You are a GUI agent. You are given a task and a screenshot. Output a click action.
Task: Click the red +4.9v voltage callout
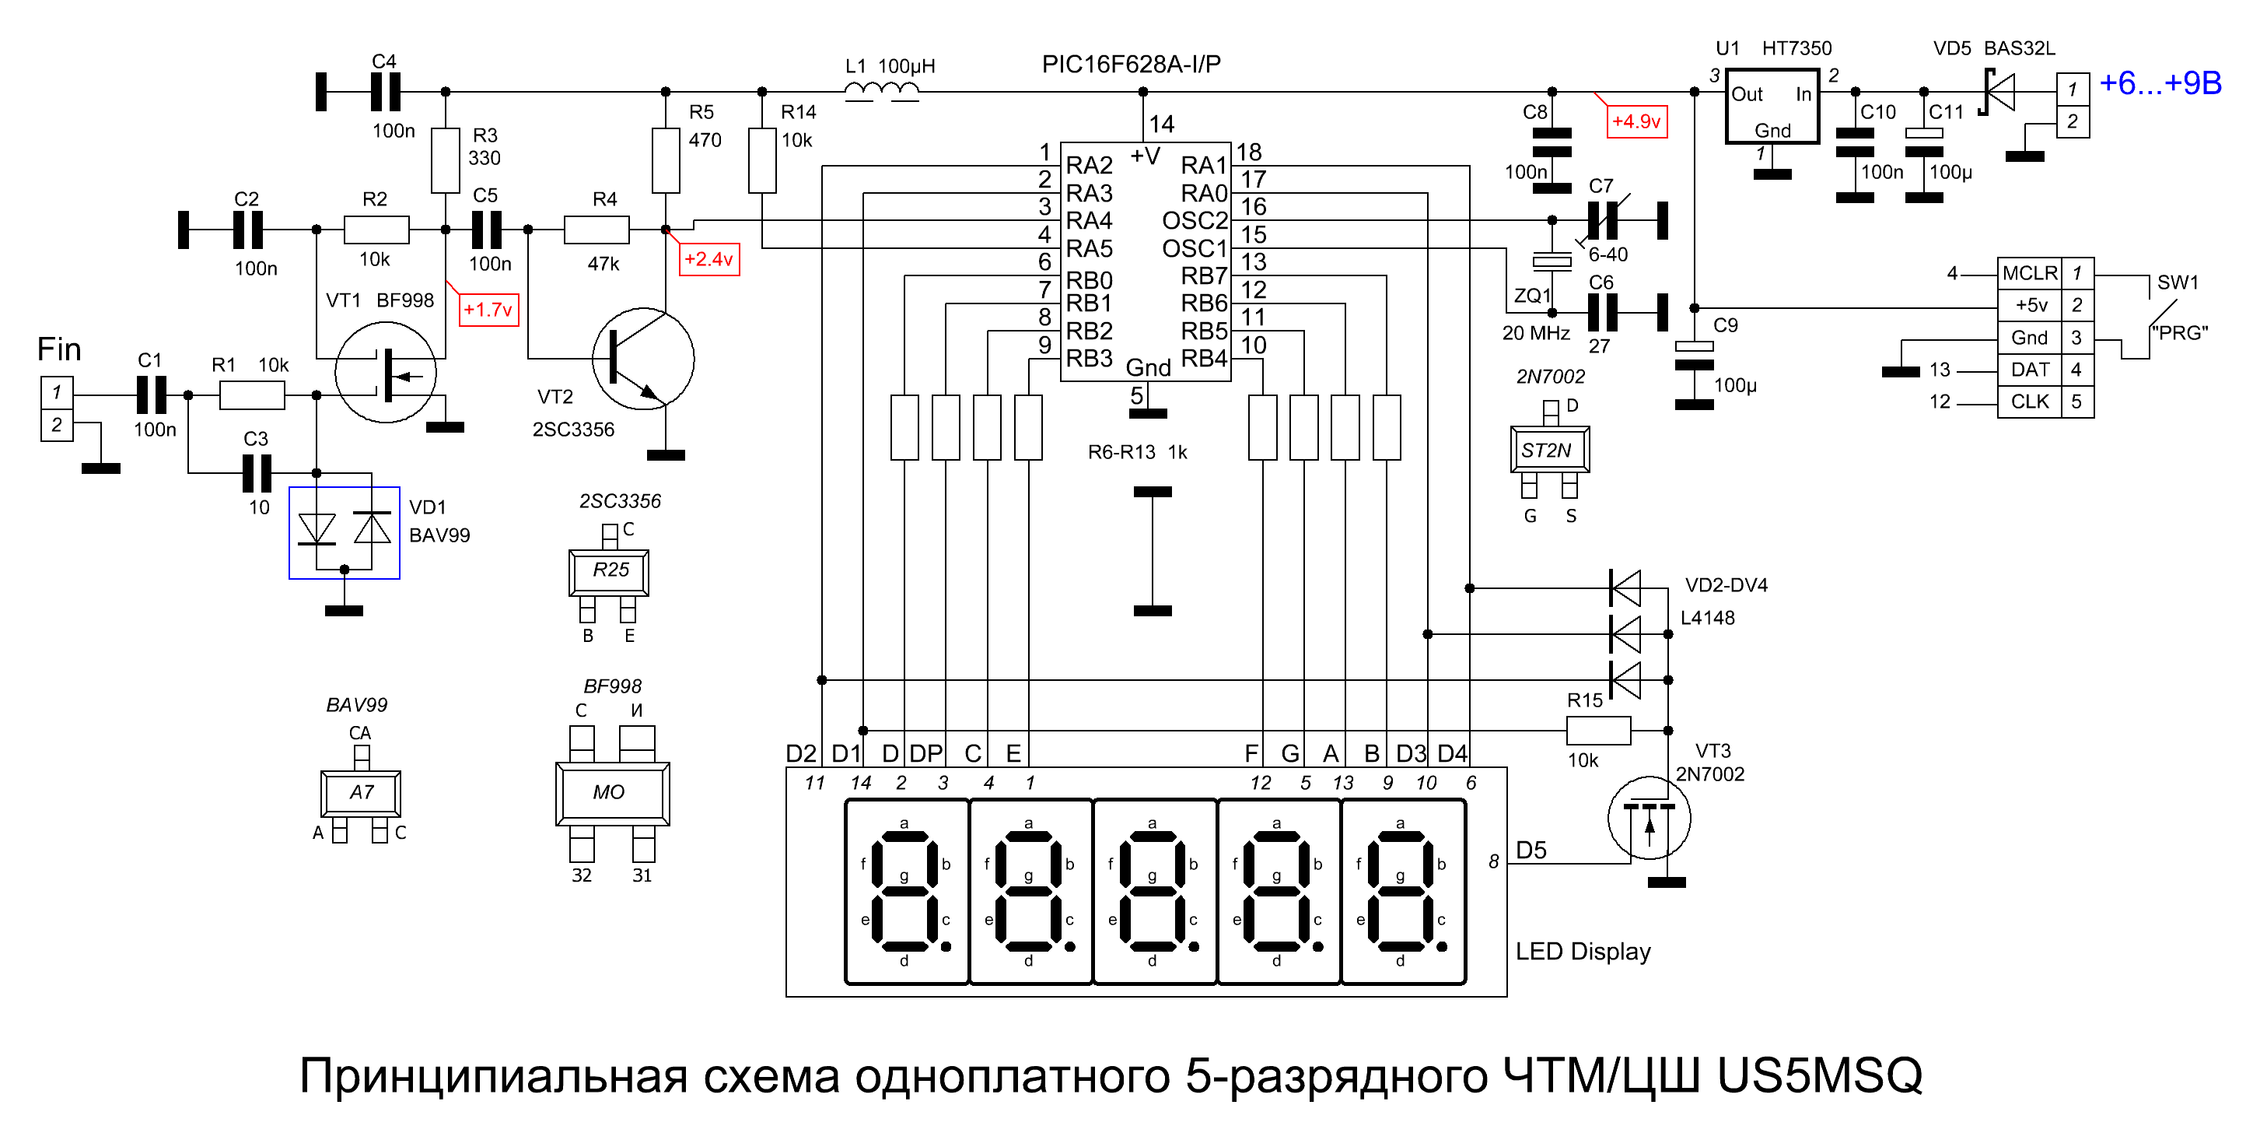click(1636, 121)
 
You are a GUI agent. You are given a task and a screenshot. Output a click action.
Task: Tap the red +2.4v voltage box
click(709, 259)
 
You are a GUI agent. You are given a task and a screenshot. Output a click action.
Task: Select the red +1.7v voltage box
click(488, 310)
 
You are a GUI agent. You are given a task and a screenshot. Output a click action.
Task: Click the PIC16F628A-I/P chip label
click(1131, 64)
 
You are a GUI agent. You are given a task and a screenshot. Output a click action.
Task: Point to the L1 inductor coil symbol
click(883, 91)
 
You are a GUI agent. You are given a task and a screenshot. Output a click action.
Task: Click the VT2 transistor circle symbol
click(644, 359)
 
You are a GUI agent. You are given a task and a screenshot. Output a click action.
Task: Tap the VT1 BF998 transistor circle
click(386, 372)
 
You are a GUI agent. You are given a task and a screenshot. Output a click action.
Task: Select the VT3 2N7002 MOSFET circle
click(1650, 819)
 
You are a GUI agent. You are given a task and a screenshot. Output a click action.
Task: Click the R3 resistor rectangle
click(446, 160)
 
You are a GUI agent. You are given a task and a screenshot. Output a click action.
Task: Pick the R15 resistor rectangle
click(1598, 730)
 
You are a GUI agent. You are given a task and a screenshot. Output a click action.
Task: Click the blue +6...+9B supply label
click(2160, 83)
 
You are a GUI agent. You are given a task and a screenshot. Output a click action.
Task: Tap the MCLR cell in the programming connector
click(2029, 273)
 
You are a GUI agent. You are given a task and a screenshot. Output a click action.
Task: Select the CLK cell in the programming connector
click(2029, 402)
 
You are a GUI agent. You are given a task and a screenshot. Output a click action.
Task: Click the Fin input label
click(59, 349)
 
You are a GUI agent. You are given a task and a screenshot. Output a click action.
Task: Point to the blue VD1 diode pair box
click(345, 533)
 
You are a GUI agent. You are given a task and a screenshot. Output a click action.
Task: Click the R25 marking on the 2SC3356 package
click(610, 570)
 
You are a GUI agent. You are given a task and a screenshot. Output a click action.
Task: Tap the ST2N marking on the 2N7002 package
click(1546, 451)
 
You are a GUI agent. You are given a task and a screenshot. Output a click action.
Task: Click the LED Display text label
click(1583, 952)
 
